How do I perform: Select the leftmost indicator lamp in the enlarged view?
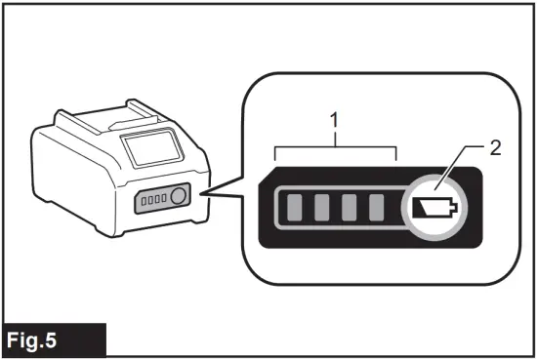tap(292, 208)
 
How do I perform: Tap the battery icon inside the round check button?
tap(433, 207)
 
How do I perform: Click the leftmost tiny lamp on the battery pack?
tap(144, 200)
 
